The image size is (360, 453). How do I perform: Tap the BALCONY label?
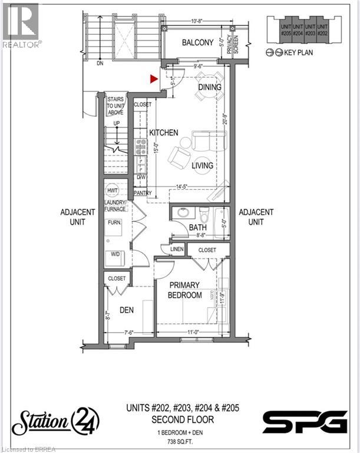pyautogui.click(x=197, y=42)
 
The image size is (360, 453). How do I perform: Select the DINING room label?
pyautogui.click(x=209, y=87)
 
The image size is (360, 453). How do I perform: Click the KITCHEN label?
pyautogui.click(x=163, y=133)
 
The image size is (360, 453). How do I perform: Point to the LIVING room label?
pyautogui.click(x=202, y=166)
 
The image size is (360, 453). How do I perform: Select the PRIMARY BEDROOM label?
pyautogui.click(x=185, y=290)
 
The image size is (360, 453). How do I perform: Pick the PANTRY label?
pyautogui.click(x=143, y=193)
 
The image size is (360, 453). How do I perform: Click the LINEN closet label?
pyautogui.click(x=177, y=250)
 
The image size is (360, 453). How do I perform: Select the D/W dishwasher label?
pyautogui.click(x=141, y=176)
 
